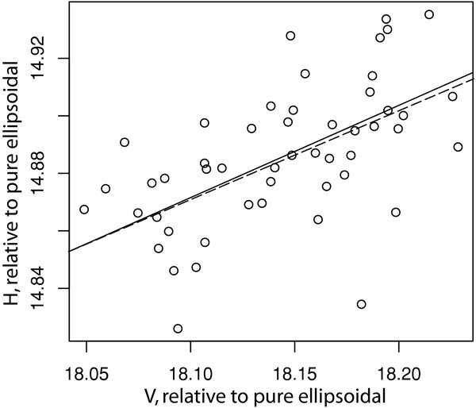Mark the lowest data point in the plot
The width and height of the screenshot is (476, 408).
(178, 329)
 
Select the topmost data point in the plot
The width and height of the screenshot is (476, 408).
(429, 14)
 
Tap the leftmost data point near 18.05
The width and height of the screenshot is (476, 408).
(84, 210)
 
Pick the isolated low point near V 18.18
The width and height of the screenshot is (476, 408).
(362, 304)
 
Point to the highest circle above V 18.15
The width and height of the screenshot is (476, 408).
(290, 36)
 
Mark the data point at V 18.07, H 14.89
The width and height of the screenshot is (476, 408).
(125, 142)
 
